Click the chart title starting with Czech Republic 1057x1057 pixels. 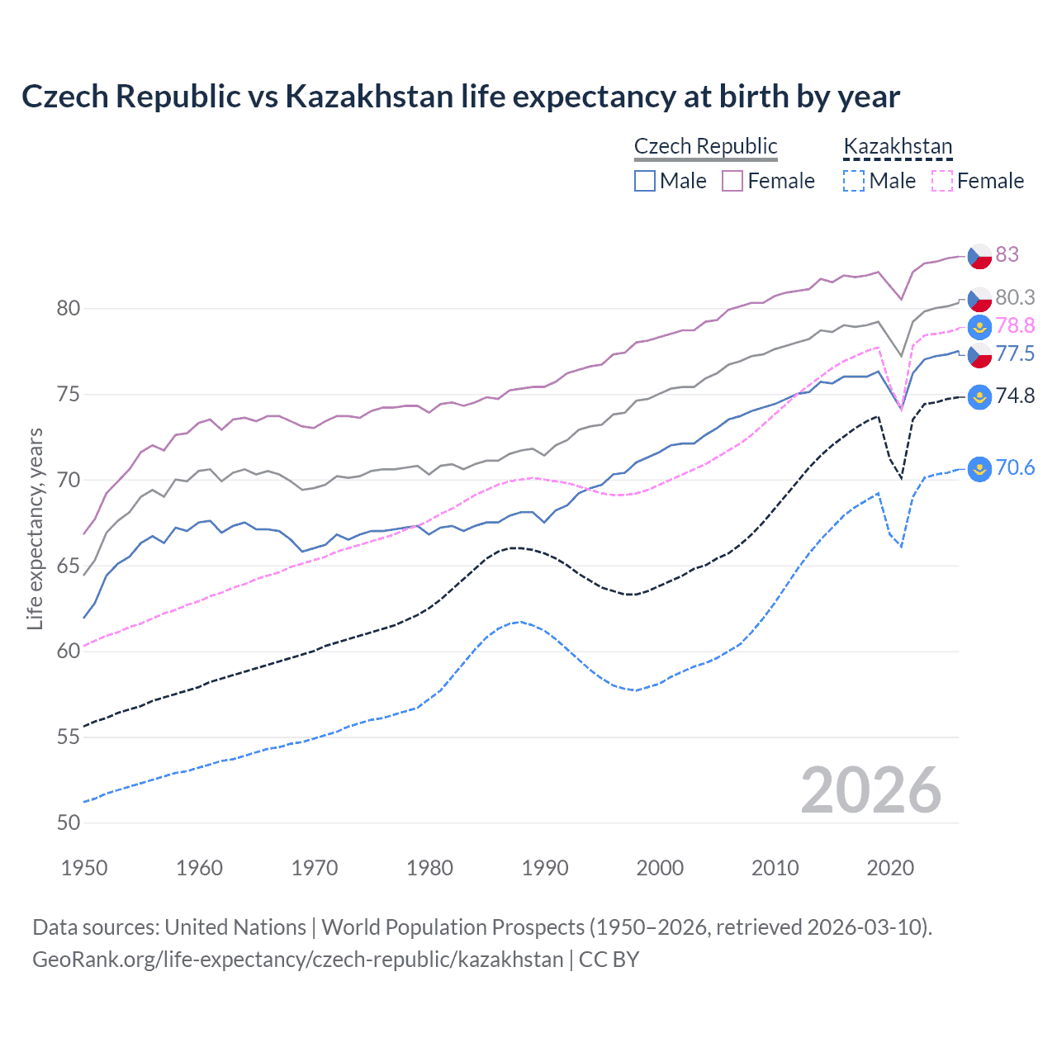point(460,97)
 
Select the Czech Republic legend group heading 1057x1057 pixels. point(705,146)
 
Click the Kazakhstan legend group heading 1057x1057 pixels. point(898,146)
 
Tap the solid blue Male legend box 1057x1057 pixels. point(645,181)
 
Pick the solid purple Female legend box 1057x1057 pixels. point(732,181)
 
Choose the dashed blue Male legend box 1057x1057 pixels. point(854,181)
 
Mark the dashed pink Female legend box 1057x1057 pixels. point(942,181)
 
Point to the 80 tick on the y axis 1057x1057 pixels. point(69,309)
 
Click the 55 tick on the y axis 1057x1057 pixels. point(69,737)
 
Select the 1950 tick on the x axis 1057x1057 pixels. point(84,868)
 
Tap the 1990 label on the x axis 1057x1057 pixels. point(545,868)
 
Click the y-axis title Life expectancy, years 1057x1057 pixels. point(35,528)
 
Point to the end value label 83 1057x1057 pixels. point(1007,254)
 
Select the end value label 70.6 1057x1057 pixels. point(1015,468)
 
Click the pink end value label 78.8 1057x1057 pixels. point(1015,326)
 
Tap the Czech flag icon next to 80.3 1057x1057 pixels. point(979,298)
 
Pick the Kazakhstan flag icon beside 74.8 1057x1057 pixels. point(979,397)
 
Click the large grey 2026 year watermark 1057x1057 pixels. point(870,791)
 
